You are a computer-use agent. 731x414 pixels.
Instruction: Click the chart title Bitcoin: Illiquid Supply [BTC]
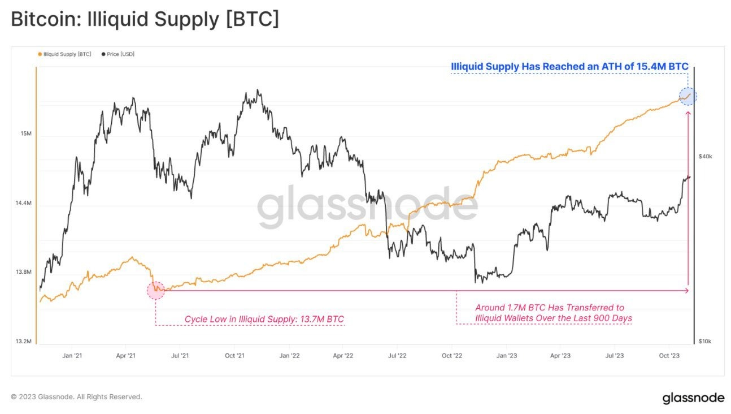pyautogui.click(x=145, y=19)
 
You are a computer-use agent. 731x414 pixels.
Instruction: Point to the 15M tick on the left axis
pyautogui.click(x=26, y=134)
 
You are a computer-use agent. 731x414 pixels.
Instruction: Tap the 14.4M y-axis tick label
pyautogui.click(x=24, y=203)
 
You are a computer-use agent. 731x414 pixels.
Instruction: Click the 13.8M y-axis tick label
pyautogui.click(x=24, y=272)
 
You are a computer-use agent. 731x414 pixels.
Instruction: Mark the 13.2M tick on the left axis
pyautogui.click(x=24, y=341)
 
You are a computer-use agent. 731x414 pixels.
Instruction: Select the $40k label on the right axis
pyautogui.click(x=706, y=157)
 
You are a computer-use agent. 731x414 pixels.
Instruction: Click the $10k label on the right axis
pyautogui.click(x=706, y=341)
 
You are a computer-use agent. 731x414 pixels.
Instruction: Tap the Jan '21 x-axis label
pyautogui.click(x=72, y=356)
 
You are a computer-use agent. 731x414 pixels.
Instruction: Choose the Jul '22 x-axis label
pyautogui.click(x=397, y=356)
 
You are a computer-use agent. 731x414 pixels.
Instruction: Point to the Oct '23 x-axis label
pyautogui.click(x=669, y=356)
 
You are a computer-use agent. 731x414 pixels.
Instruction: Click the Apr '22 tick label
pyautogui.click(x=343, y=356)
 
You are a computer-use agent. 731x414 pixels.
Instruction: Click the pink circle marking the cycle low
pyautogui.click(x=156, y=291)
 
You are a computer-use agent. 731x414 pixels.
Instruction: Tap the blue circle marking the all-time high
pyautogui.click(x=688, y=97)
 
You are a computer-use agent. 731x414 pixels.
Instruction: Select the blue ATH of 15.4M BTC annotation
pyautogui.click(x=569, y=67)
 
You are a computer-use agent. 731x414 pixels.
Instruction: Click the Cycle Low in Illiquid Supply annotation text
pyautogui.click(x=264, y=320)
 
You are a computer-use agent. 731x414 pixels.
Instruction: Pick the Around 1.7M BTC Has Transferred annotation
pyautogui.click(x=553, y=313)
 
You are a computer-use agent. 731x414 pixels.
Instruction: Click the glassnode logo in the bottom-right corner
pyautogui.click(x=693, y=398)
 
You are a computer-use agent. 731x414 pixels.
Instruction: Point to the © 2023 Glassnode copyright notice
pyautogui.click(x=77, y=397)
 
